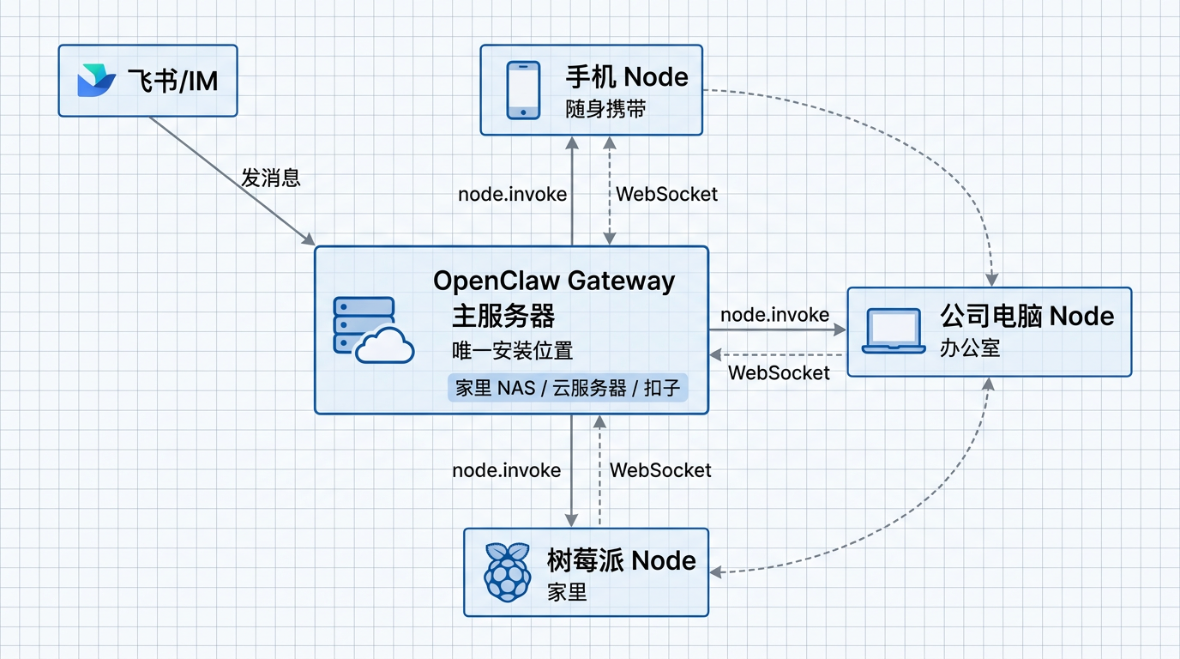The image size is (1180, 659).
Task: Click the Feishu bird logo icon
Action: coord(96,81)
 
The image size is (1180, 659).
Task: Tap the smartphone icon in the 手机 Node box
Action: coord(523,89)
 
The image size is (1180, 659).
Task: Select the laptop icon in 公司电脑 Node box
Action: coord(893,331)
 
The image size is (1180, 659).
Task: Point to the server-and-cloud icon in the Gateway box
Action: coord(371,330)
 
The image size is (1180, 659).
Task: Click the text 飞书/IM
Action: coord(172,82)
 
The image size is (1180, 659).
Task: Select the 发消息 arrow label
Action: coord(270,178)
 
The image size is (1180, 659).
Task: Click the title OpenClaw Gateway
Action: coord(553,281)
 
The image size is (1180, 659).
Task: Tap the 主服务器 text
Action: coord(503,316)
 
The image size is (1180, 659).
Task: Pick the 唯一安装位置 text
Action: coord(512,350)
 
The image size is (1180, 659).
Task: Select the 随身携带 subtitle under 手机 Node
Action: coord(605,110)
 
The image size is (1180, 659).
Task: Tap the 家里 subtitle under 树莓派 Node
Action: coord(567,592)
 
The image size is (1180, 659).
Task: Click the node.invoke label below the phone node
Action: coord(512,194)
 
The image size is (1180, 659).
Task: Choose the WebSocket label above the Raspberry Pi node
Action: coord(660,470)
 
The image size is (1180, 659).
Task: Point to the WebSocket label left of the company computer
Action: coord(778,372)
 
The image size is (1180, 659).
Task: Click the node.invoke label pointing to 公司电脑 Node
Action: coord(774,315)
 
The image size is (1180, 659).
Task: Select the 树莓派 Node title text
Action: coord(621,561)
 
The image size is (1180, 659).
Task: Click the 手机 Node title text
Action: coord(626,77)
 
